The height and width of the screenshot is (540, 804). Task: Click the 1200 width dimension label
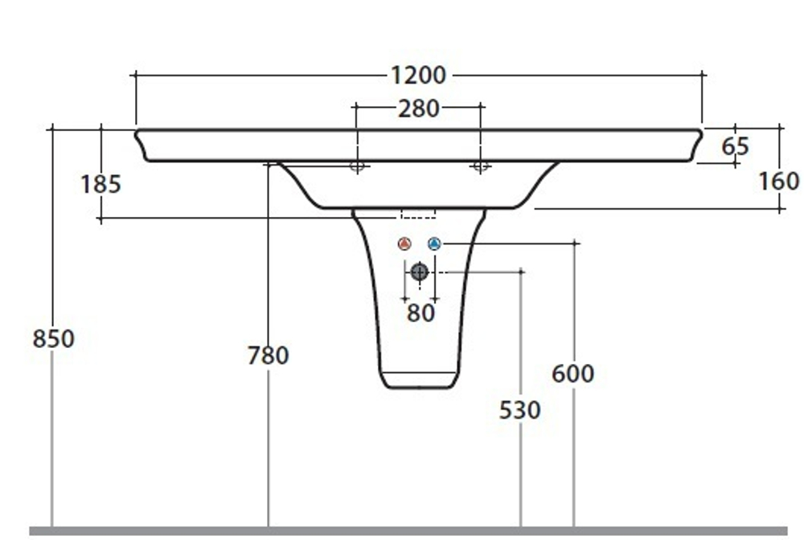[418, 76]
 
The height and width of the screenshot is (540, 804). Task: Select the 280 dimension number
[418, 108]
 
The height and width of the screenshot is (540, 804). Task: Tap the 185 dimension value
[101, 184]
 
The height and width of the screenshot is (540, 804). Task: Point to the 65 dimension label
[736, 146]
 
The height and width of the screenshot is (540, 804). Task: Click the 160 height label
[778, 182]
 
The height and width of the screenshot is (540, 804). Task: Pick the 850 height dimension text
[53, 338]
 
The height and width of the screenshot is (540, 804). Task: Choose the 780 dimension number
[269, 355]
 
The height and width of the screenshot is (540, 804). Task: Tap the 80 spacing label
[420, 313]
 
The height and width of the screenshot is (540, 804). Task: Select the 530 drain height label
[520, 410]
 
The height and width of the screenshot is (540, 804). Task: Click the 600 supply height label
[572, 374]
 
